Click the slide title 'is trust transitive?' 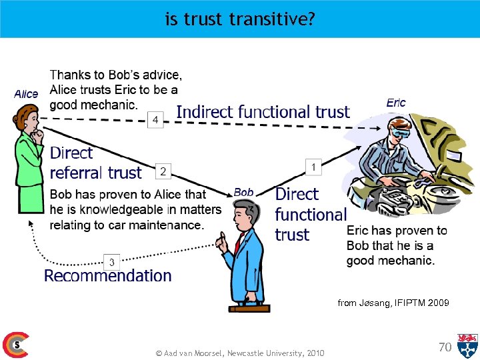240,19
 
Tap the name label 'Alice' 26,94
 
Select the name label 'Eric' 396,103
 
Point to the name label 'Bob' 243,192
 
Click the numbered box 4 155,119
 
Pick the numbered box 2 163,171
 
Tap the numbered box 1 313,167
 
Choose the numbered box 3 112,262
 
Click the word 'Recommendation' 108,276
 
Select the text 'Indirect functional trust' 263,113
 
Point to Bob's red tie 237,243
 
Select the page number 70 445,346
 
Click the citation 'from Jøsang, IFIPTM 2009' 393,303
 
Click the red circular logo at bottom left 15,345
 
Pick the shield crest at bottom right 467,345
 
